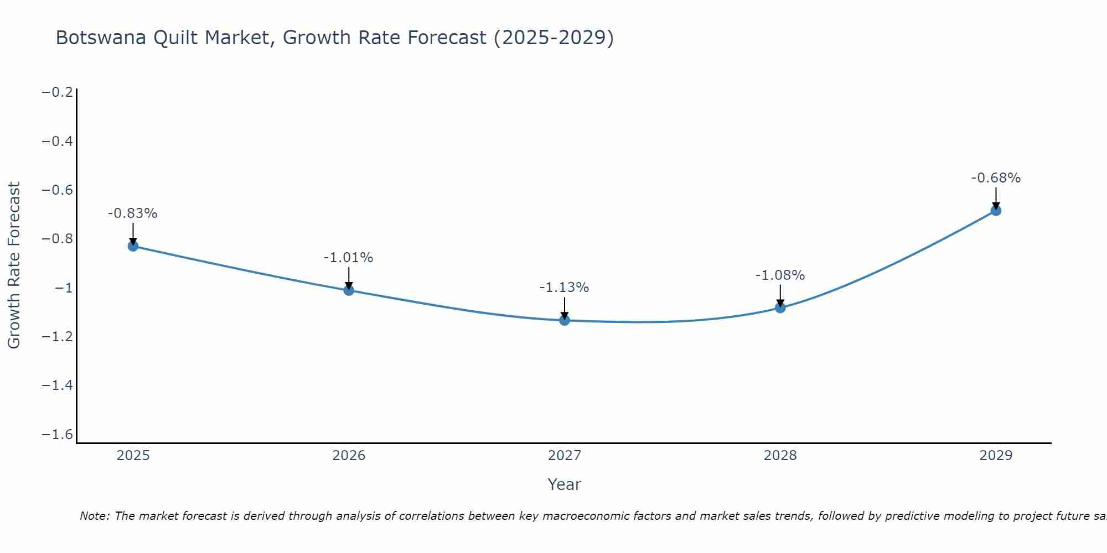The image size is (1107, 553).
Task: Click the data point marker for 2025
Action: [x=133, y=246]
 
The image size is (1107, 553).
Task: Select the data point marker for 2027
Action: [x=565, y=320]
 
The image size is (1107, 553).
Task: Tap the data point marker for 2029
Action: [x=996, y=210]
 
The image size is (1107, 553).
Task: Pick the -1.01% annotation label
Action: [x=348, y=258]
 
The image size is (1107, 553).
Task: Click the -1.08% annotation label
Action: [x=780, y=275]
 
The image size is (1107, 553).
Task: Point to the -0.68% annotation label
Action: [x=996, y=178]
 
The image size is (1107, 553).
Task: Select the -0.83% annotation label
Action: [x=133, y=213]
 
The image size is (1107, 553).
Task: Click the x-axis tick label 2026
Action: [x=349, y=456]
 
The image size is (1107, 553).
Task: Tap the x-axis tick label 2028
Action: [x=780, y=456]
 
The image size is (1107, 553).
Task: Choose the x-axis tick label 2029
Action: [x=996, y=456]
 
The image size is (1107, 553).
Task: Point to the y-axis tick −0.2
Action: [x=58, y=92]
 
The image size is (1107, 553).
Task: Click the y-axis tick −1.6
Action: [x=58, y=435]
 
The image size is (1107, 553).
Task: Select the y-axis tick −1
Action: [x=63, y=288]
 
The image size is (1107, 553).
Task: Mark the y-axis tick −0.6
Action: [x=58, y=190]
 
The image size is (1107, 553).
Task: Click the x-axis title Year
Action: [x=564, y=484]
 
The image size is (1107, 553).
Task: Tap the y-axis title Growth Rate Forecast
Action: [x=14, y=265]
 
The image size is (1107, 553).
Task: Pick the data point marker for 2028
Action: [x=780, y=307]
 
